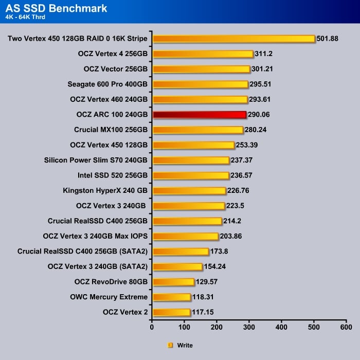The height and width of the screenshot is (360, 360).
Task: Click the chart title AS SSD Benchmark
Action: click(x=57, y=8)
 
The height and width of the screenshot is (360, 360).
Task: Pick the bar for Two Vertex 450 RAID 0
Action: click(x=233, y=39)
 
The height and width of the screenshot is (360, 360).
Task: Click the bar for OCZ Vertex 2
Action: click(x=171, y=312)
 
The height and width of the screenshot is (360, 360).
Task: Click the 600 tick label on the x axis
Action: click(x=346, y=327)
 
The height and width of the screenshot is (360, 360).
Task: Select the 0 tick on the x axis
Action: click(x=152, y=327)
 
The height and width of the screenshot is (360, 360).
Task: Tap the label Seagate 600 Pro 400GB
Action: click(x=107, y=84)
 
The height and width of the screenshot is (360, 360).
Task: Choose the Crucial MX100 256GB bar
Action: click(x=198, y=130)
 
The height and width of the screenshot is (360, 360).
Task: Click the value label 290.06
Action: click(x=260, y=115)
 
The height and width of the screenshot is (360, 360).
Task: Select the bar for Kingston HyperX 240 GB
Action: click(x=189, y=191)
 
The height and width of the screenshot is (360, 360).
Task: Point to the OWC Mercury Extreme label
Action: click(x=109, y=297)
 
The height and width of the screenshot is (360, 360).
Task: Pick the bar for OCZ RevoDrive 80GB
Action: click(x=173, y=282)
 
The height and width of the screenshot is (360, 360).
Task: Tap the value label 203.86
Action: click(x=231, y=236)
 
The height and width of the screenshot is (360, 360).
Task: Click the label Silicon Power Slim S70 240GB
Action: click(x=96, y=160)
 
